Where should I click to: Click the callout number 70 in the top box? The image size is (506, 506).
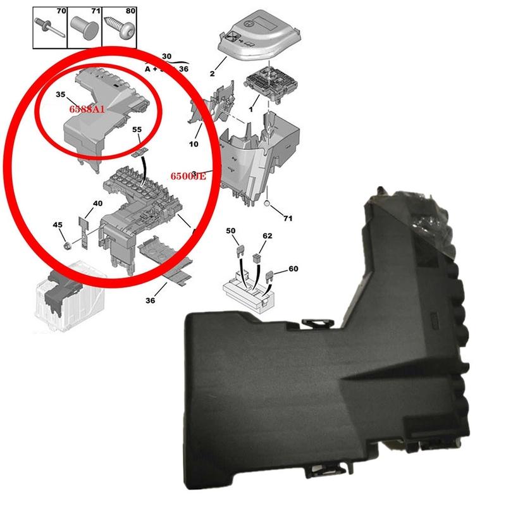tap(61, 11)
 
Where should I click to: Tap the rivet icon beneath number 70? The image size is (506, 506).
tap(49, 29)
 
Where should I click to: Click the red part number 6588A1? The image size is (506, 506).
tap(88, 109)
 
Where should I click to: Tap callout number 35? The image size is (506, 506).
tap(61, 95)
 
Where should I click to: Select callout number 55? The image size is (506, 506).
tap(136, 130)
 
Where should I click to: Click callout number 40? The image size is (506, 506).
tap(97, 203)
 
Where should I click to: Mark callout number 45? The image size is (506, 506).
tap(58, 225)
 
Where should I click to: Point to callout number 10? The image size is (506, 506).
tap(194, 144)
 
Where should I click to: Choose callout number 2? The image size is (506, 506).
tap(213, 74)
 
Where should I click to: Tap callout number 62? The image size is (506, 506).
tap(268, 235)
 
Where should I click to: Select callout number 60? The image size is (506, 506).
tap(293, 269)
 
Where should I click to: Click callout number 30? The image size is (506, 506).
tap(167, 56)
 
